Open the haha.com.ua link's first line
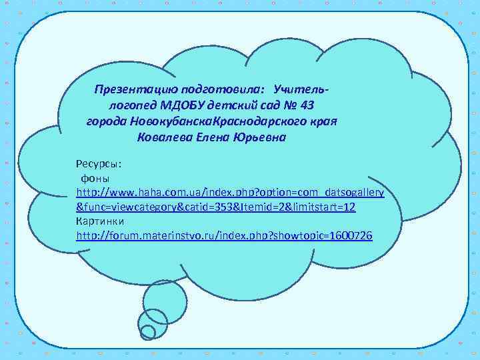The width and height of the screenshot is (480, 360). pos(230,193)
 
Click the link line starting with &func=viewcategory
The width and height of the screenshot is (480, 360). pos(216,207)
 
